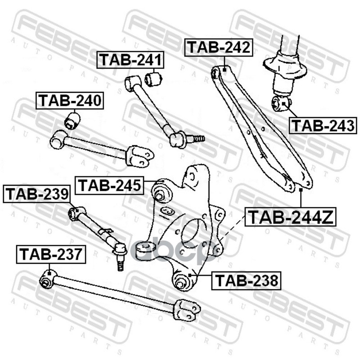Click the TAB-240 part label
tap(70, 101)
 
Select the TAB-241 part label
tap(131, 60)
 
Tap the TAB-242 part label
tap(219, 47)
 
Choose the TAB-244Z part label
tap(291, 218)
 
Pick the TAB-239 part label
tap(37, 194)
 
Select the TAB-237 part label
tap(50, 255)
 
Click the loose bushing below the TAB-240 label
tap(72, 121)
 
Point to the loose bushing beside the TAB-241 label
tap(153, 80)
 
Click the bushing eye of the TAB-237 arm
tap(46, 281)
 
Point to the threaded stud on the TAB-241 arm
tap(197, 138)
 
